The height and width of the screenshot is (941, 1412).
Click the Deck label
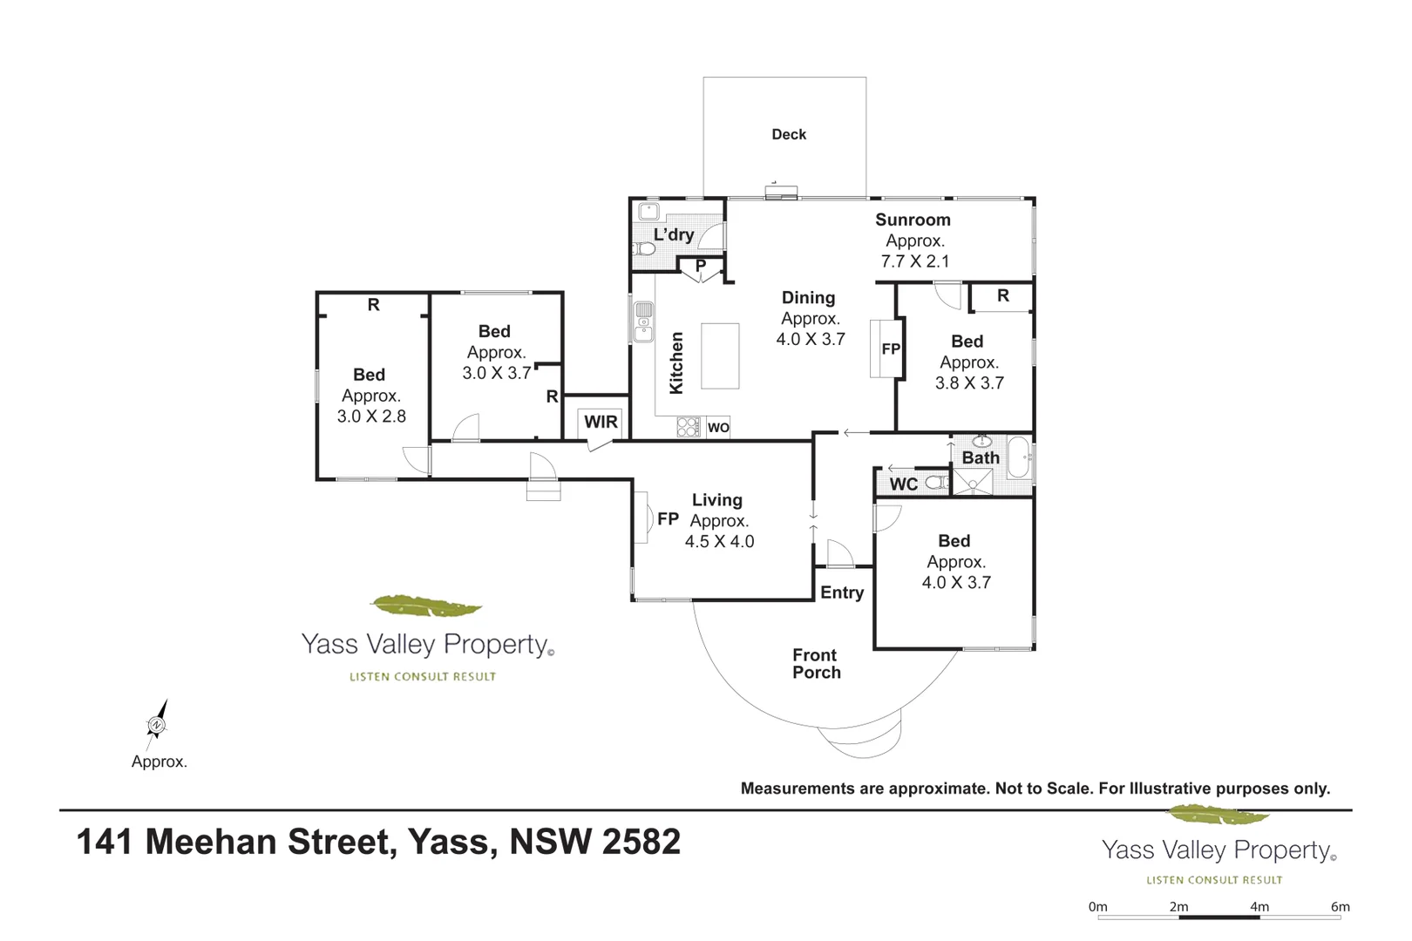pos(789,134)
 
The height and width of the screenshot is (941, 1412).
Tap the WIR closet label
pos(601,422)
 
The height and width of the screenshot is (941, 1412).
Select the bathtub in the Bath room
pos(1018,457)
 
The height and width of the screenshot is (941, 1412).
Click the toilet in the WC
pos(936,483)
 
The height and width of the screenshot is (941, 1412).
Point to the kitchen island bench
pos(720,355)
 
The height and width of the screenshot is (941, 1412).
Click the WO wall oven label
pos(718,427)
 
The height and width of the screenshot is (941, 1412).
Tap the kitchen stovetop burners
pos(689,427)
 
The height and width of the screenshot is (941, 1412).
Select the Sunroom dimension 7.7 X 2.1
pos(915,261)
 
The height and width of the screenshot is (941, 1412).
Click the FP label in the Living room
pos(668,519)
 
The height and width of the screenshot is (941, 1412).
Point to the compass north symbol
pos(156,723)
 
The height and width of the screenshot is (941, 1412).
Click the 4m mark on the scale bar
pos(1259,907)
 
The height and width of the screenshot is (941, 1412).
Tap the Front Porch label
pos(816,663)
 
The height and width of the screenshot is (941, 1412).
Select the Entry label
pos(842,592)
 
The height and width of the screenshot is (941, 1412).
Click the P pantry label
pos(701,266)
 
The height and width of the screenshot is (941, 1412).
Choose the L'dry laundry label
pos(674,234)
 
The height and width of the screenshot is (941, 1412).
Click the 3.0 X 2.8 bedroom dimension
pos(371,416)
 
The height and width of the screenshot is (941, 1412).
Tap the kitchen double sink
pos(643,321)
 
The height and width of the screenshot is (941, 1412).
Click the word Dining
pos(808,298)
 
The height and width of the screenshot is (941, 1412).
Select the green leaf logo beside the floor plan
pos(426,606)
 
